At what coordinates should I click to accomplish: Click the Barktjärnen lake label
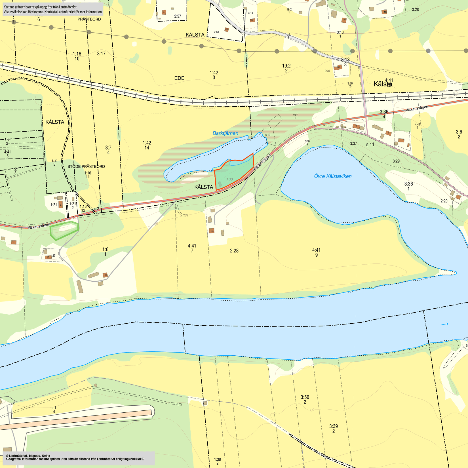(225, 133)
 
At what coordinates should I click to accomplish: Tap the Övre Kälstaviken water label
(333, 176)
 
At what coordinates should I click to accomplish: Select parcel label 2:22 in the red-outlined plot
(230, 180)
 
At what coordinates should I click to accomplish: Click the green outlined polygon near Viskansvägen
(64, 231)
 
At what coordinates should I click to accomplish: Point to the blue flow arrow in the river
(445, 324)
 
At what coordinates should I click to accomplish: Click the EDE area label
(179, 78)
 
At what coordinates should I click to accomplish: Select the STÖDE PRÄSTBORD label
(86, 166)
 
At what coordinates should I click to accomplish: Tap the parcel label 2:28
(234, 251)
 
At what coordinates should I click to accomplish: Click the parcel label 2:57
(178, 16)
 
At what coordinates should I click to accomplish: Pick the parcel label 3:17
(101, 54)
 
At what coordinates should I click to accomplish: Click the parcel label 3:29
(396, 161)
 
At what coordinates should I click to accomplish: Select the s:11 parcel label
(370, 145)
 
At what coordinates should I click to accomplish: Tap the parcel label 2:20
(444, 201)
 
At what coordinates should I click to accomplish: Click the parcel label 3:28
(415, 10)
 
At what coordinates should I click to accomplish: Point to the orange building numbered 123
(212, 231)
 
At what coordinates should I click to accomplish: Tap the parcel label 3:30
(327, 71)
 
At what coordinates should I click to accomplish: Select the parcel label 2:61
(216, 32)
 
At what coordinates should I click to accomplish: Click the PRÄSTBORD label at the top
(89, 19)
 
